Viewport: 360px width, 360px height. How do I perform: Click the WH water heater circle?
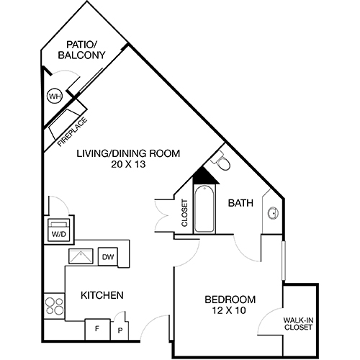[54, 96]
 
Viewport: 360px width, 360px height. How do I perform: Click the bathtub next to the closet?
[203, 210]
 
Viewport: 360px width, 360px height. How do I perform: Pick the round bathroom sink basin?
[274, 213]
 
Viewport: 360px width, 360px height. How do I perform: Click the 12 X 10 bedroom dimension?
[230, 312]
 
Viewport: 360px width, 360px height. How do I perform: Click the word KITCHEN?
[102, 295]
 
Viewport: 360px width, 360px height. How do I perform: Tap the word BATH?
[240, 204]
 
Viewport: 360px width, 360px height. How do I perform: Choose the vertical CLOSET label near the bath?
[185, 213]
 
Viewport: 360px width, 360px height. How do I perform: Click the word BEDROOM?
[230, 300]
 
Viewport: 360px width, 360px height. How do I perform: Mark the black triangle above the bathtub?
[204, 176]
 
